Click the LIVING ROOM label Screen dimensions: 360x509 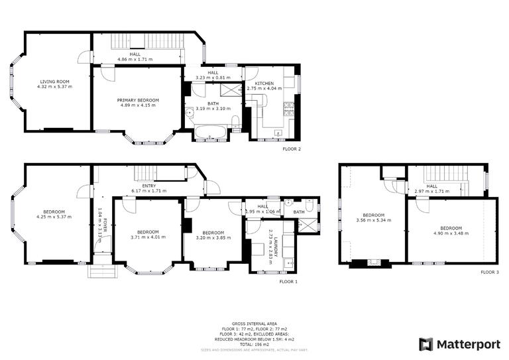click(54, 82)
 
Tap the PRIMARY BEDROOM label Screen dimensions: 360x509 click(139, 100)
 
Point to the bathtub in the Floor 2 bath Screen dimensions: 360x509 click(211, 133)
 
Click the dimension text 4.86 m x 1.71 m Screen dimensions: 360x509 click(135, 59)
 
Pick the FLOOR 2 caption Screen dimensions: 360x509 click(292, 149)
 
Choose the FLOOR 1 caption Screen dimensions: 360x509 click(288, 281)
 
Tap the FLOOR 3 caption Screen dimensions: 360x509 click(490, 272)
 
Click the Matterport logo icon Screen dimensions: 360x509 click(426, 344)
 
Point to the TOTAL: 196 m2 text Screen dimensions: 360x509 click(254, 345)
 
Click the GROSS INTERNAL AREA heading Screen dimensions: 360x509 click(254, 324)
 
